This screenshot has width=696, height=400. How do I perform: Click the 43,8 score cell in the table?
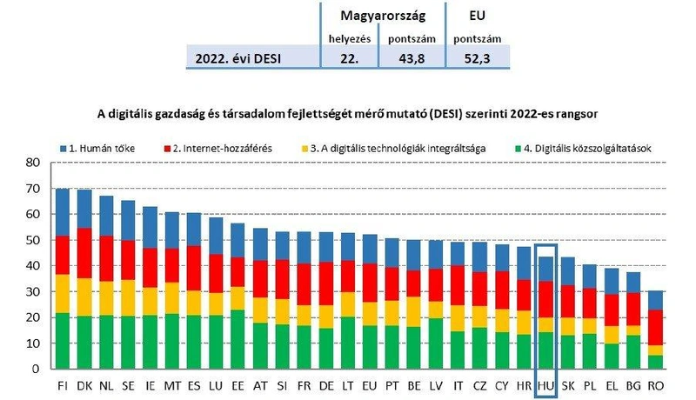412,58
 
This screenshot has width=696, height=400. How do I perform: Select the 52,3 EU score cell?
477,58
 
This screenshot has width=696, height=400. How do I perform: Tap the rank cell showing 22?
350,58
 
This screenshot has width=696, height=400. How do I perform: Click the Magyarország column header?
383,16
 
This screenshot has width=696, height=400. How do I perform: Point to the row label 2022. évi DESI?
238,58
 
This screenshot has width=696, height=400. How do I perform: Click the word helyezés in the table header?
350,39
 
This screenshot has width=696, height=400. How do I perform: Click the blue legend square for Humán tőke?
63,149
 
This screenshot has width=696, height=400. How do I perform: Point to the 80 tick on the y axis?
32,163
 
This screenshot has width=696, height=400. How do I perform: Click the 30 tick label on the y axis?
32,292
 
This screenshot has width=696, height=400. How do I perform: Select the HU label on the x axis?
545,386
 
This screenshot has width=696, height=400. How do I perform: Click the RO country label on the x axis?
655,386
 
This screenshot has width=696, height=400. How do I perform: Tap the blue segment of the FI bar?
63,212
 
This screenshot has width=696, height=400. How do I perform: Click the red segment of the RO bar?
655,327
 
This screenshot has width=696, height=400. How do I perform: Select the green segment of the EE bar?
238,339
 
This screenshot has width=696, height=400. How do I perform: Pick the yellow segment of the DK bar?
84,297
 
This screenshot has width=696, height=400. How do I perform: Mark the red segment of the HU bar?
545,299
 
